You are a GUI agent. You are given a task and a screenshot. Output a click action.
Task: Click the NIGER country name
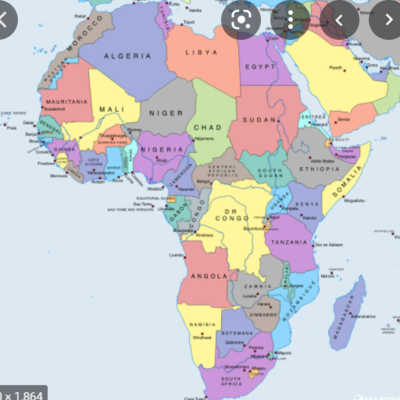[x=166, y=113]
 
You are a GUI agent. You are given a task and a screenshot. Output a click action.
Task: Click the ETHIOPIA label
[x=319, y=170]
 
